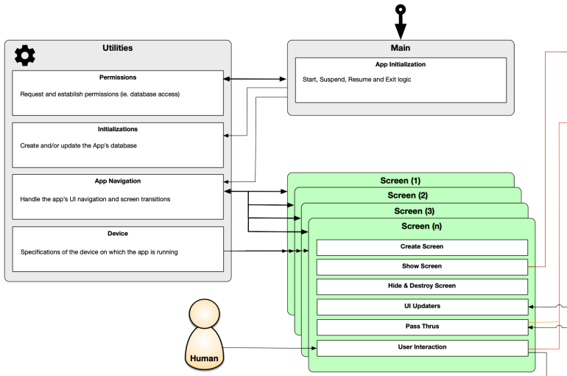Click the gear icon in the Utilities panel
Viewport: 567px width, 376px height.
click(25, 55)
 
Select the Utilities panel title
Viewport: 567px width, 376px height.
click(118, 49)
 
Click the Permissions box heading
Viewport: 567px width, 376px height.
click(118, 77)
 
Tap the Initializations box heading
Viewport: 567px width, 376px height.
click(118, 129)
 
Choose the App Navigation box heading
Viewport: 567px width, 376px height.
click(118, 181)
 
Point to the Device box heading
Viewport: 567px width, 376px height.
click(118, 234)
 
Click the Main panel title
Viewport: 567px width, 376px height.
click(401, 49)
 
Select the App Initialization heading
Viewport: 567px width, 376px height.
click(401, 65)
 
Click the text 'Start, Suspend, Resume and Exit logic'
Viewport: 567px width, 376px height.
click(356, 79)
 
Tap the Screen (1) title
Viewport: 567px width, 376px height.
click(401, 181)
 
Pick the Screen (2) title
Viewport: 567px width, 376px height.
click(407, 195)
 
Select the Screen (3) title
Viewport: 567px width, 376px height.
click(415, 211)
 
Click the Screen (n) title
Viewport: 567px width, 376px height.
click(422, 226)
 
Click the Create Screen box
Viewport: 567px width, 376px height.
click(422, 247)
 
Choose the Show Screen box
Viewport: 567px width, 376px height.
click(422, 266)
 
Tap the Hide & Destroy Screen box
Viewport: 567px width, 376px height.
click(422, 286)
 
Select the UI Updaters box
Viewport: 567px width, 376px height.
click(422, 306)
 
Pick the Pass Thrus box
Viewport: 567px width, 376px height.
click(422, 326)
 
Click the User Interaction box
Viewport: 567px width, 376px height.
click(422, 347)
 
